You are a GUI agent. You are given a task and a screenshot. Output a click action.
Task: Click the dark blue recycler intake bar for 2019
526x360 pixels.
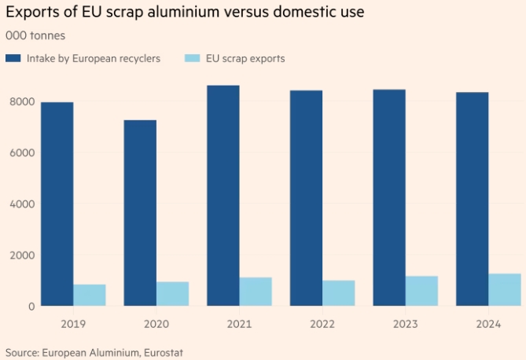pyautogui.click(x=57, y=204)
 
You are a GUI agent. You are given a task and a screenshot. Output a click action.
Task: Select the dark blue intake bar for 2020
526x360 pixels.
pyautogui.click(x=140, y=213)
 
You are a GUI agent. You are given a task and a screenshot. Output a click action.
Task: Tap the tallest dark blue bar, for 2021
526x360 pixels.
pyautogui.click(x=223, y=196)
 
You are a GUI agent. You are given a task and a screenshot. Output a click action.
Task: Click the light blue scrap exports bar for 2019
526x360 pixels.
pyautogui.click(x=90, y=296)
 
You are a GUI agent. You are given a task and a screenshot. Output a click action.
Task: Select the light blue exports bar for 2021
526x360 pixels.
pyautogui.click(x=256, y=292)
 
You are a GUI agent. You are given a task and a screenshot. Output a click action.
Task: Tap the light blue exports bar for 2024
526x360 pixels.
pyautogui.click(x=504, y=290)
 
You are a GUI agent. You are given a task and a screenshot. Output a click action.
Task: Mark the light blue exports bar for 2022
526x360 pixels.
pyautogui.click(x=338, y=293)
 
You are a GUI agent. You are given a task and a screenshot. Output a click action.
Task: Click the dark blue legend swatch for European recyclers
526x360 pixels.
pyautogui.click(x=13, y=58)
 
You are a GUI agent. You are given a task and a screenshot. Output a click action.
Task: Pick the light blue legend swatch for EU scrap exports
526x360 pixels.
pyautogui.click(x=192, y=58)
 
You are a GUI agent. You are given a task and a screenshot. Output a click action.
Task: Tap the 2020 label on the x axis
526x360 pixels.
pyautogui.click(x=156, y=323)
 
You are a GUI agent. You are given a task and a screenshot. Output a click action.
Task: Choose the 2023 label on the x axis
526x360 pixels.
pyautogui.click(x=405, y=323)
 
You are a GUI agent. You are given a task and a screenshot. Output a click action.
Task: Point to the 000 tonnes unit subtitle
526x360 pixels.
pyautogui.click(x=35, y=36)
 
